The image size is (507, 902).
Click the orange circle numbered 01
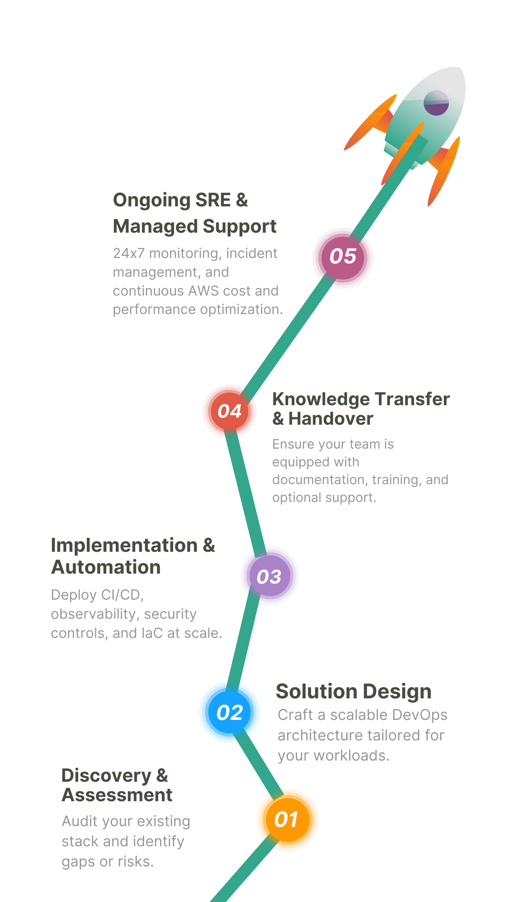point(287,820)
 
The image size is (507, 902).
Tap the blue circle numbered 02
point(229,712)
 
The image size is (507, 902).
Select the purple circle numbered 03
point(269,576)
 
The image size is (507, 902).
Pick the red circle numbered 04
point(229,411)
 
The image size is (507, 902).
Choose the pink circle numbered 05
point(343,257)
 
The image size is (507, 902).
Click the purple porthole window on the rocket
point(436,103)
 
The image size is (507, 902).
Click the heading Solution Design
point(353,691)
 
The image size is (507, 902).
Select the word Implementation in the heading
point(124,545)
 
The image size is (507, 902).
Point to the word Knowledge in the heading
point(321,399)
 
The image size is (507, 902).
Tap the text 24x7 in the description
point(128,253)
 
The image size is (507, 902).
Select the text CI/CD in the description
point(121,595)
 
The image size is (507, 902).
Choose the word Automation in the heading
point(106,567)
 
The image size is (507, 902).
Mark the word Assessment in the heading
point(117,795)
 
